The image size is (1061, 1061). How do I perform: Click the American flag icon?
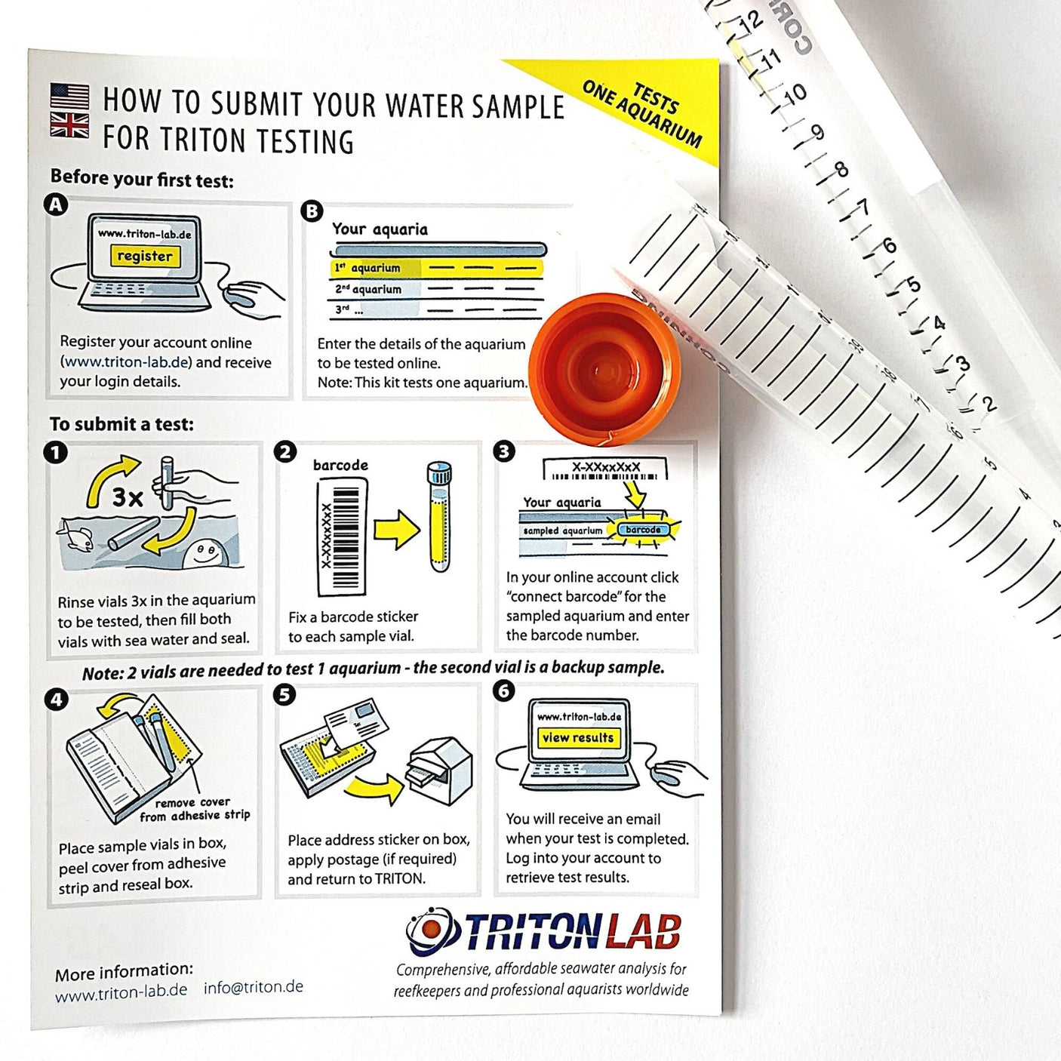pos(69,96)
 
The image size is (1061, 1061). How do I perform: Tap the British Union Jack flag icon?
pos(69,125)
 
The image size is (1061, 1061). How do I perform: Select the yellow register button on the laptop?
pos(144,256)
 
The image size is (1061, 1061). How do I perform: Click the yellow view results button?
pos(578,737)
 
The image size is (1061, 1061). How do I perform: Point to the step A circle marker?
pos(57,205)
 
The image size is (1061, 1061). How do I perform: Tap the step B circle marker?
pos(312,211)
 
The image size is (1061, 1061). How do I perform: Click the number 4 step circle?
pos(57,699)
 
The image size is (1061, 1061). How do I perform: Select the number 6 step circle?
pos(503,690)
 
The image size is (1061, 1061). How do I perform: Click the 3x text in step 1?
pos(128,497)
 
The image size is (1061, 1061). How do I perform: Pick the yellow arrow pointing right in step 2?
pos(396,529)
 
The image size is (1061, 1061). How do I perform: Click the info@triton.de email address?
pos(254,987)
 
